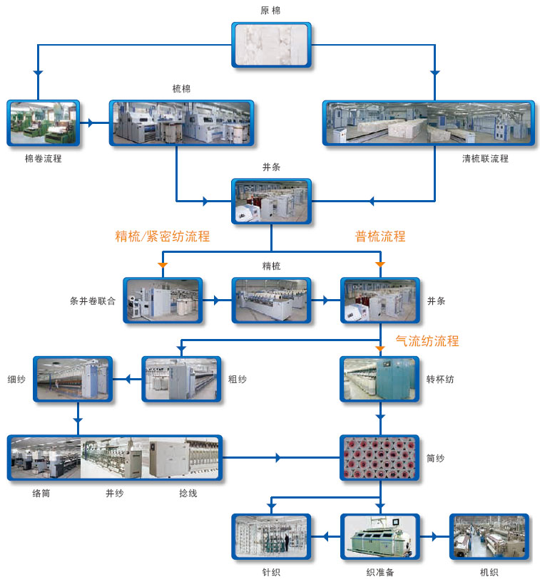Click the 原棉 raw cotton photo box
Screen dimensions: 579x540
[x=271, y=45]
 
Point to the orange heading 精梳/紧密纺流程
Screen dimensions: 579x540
[x=163, y=236]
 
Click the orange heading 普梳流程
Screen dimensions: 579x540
[x=380, y=236]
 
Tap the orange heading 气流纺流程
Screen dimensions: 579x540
[x=427, y=341]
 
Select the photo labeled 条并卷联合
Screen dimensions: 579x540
[x=153, y=300]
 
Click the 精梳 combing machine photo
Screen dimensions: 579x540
[x=271, y=300]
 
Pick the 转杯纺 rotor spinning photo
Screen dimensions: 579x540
[x=379, y=379]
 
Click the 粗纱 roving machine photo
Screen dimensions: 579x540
[x=181, y=379]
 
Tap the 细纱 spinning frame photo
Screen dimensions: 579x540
[x=73, y=379]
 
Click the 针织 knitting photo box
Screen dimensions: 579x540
[x=271, y=536]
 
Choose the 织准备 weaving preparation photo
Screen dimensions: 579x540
[x=379, y=536]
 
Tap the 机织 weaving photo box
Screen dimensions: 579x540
[x=489, y=536]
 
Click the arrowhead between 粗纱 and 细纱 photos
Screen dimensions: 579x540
[x=128, y=379]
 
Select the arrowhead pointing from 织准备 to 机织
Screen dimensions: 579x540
[x=434, y=536]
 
